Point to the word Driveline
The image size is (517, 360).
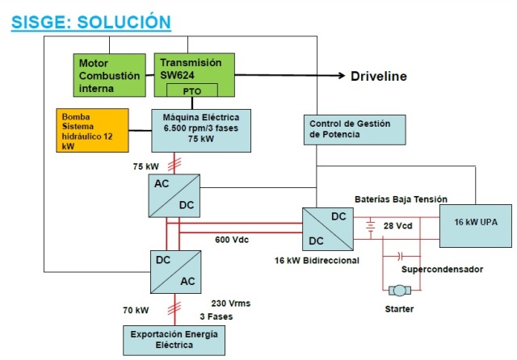click(x=378, y=77)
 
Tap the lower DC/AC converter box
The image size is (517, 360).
click(x=176, y=270)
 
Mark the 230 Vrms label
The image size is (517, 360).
click(x=230, y=303)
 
